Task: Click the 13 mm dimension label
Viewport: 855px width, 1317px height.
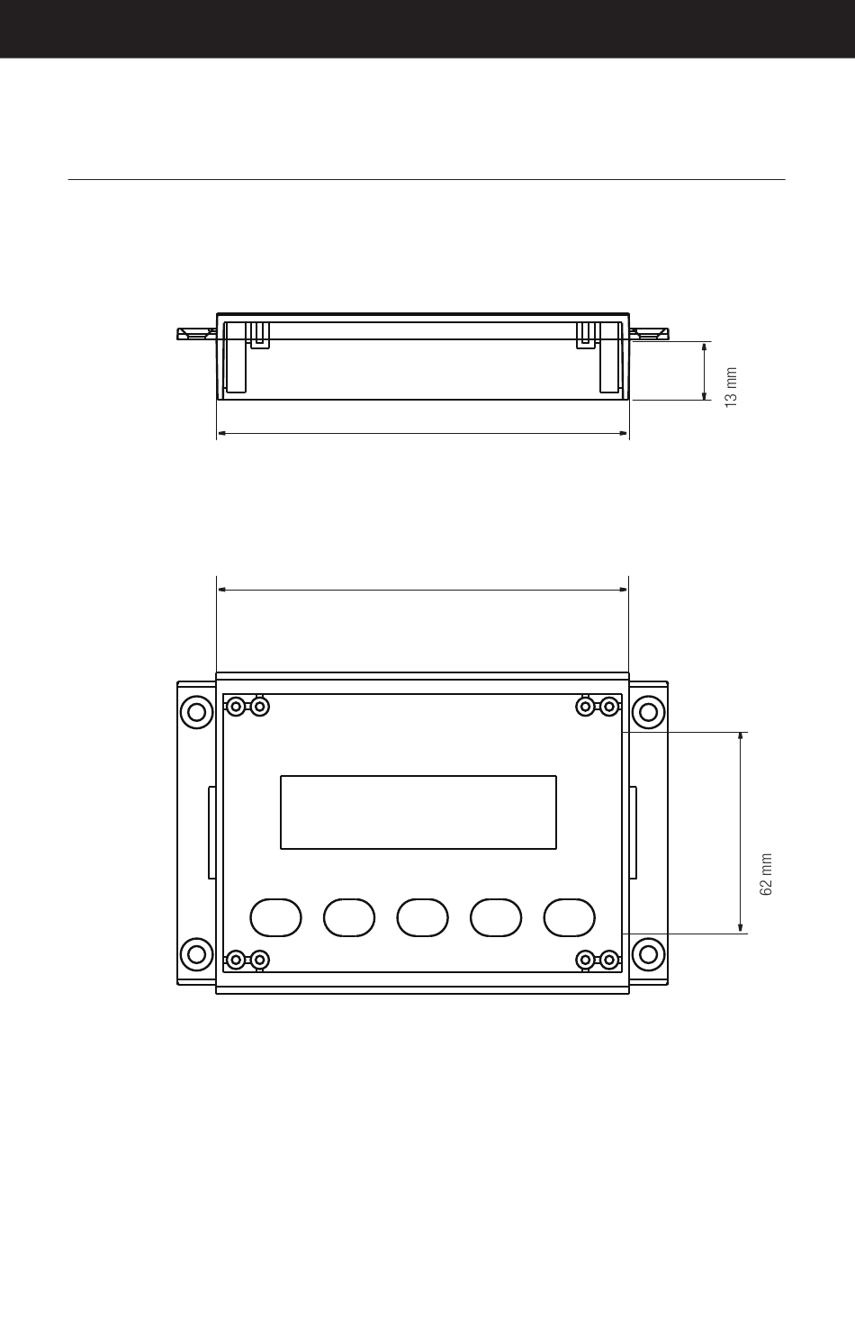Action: pyautogui.click(x=731, y=387)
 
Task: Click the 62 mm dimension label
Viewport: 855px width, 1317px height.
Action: pyautogui.click(x=766, y=874)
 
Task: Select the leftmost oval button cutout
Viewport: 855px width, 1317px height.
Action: pyautogui.click(x=275, y=917)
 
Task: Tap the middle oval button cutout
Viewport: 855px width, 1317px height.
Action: pyautogui.click(x=422, y=917)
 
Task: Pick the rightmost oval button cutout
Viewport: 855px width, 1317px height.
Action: pyautogui.click(x=570, y=917)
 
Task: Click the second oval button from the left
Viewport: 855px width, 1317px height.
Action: pyautogui.click(x=349, y=917)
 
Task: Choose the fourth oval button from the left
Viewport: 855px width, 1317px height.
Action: pyautogui.click(x=496, y=917)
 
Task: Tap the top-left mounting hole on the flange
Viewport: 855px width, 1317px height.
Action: pyautogui.click(x=197, y=712)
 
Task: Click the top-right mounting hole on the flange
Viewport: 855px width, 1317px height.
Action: pyautogui.click(x=648, y=712)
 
